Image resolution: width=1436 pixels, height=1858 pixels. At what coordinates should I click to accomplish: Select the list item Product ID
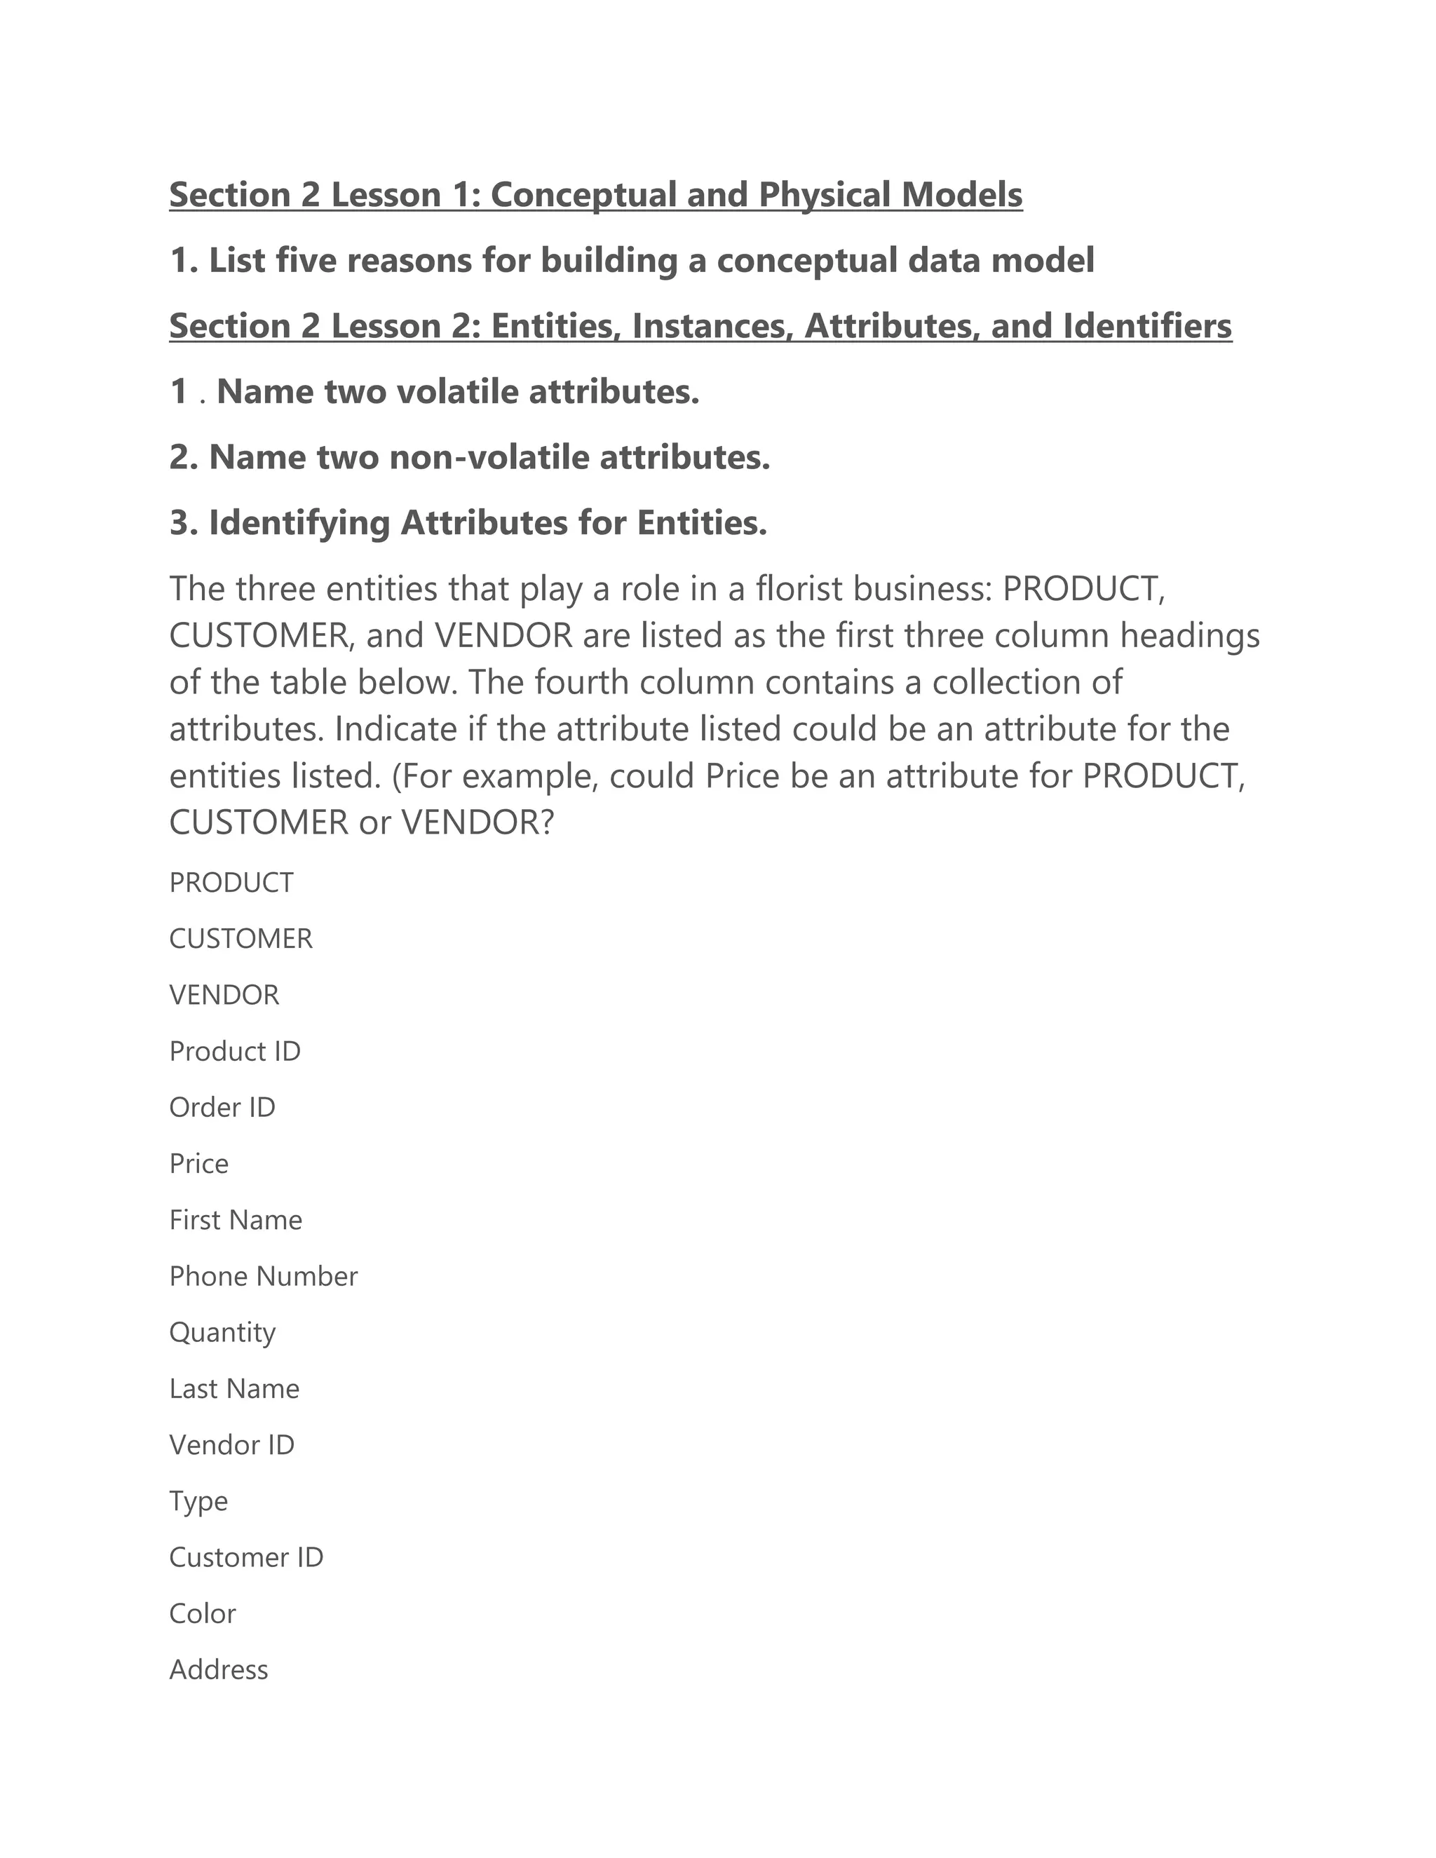pyautogui.click(x=235, y=1052)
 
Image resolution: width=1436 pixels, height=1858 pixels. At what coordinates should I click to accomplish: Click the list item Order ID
pyautogui.click(x=222, y=1108)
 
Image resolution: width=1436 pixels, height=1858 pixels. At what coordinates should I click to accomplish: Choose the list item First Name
pyautogui.click(x=236, y=1220)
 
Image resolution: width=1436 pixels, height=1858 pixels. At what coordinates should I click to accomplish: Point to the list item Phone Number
pyautogui.click(x=263, y=1276)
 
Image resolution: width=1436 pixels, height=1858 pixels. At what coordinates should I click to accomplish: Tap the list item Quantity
pyautogui.click(x=222, y=1333)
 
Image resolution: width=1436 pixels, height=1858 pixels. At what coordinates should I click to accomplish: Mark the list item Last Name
pyautogui.click(x=234, y=1389)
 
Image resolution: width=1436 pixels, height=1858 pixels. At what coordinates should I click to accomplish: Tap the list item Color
pyautogui.click(x=203, y=1614)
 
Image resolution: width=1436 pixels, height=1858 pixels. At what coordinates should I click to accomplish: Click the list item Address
pyautogui.click(x=219, y=1670)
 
